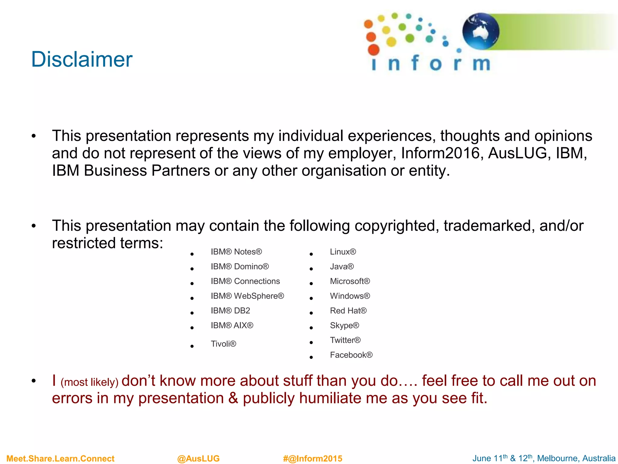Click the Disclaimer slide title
pyautogui.click(x=82, y=59)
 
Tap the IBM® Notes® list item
pyautogui.click(x=236, y=252)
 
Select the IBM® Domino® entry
pyautogui.click(x=240, y=266)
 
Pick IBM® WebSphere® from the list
pyautogui.click(x=247, y=296)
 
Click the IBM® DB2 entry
pyautogui.click(x=230, y=311)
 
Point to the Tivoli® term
pyautogui.click(x=223, y=344)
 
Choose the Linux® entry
pyautogui.click(x=343, y=252)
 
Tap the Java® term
pyautogui.click(x=342, y=266)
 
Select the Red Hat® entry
pyautogui.click(x=348, y=311)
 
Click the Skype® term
pyautogui.click(x=344, y=325)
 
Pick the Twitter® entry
pyautogui.click(x=345, y=340)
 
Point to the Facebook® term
pyautogui.click(x=351, y=355)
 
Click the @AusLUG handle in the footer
pyautogui.click(x=198, y=459)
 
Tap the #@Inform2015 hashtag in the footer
pyautogui.click(x=313, y=459)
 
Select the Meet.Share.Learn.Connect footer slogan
pyautogui.click(x=60, y=459)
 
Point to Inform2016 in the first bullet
pyautogui.click(x=440, y=153)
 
